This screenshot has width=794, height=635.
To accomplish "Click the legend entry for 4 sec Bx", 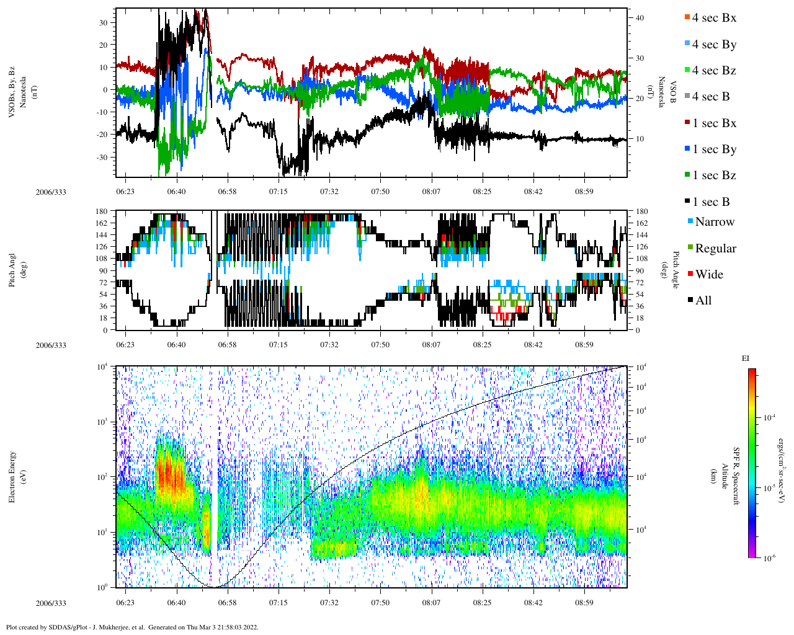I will (713, 18).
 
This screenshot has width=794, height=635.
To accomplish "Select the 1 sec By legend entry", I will (713, 149).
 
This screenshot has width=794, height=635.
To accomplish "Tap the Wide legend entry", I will (708, 275).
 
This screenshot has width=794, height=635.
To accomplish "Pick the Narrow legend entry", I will (714, 222).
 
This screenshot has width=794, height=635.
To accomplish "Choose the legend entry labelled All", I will (703, 301).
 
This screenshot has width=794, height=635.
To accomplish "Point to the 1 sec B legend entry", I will (710, 202).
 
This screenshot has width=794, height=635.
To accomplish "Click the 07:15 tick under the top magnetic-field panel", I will (278, 192).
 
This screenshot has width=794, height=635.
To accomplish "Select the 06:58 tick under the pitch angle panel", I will (227, 345).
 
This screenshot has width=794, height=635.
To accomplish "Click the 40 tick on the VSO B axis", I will (640, 18).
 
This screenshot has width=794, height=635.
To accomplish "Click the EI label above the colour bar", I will (746, 358).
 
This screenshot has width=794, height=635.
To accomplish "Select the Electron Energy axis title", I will (12, 476).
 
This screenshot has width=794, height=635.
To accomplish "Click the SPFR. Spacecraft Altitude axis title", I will (730, 476).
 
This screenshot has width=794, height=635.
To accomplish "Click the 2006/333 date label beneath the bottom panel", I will (51, 603).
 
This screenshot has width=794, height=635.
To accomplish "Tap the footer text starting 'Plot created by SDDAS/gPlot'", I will (132, 627).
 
